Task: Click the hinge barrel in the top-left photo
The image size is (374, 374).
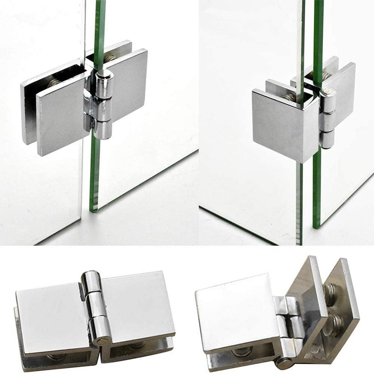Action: point(104,105)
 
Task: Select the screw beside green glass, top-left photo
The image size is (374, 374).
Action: point(110,59)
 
